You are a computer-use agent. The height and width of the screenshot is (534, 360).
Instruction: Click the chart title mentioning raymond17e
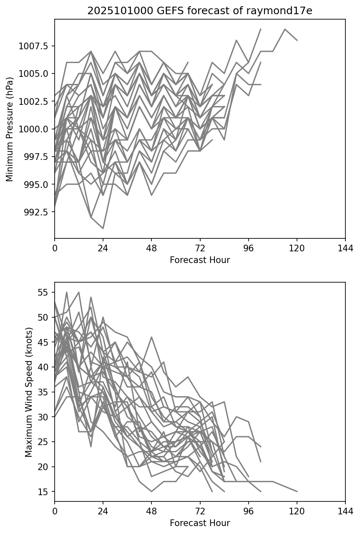(x=200, y=11)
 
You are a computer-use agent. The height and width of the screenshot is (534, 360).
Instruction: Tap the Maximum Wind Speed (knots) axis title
(x=28, y=392)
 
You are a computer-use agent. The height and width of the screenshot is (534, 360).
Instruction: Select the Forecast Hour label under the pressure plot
(x=200, y=260)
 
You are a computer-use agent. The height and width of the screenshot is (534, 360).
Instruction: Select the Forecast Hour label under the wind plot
(x=200, y=523)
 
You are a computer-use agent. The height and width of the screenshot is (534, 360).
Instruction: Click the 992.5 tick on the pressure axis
(x=37, y=212)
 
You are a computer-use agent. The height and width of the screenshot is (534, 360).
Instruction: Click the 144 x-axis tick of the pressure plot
(x=345, y=248)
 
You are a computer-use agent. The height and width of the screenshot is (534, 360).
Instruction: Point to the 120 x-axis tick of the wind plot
(x=297, y=511)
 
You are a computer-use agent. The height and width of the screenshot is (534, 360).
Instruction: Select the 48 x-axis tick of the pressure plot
(x=151, y=248)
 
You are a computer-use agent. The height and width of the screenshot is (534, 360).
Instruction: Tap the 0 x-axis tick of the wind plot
(x=55, y=511)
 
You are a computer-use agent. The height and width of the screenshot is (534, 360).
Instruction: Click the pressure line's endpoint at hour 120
(x=297, y=40)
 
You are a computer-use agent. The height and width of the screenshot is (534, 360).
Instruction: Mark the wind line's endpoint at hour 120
(x=297, y=491)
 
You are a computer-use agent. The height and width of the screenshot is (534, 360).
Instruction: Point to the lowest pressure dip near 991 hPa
(x=103, y=228)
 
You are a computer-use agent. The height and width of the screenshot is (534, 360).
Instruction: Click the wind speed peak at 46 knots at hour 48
(x=151, y=337)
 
